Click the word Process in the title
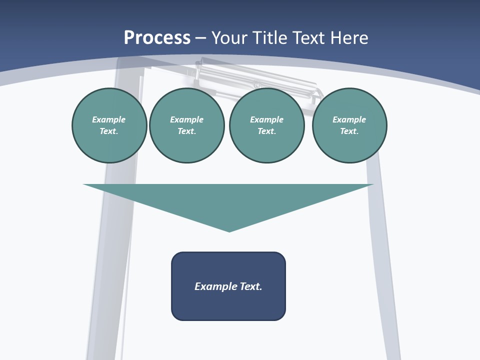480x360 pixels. click(157, 38)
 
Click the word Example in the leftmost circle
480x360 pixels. click(109, 119)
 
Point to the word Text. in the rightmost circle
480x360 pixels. click(349, 131)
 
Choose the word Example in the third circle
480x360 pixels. click(266, 119)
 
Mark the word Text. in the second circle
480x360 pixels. click(186, 131)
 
